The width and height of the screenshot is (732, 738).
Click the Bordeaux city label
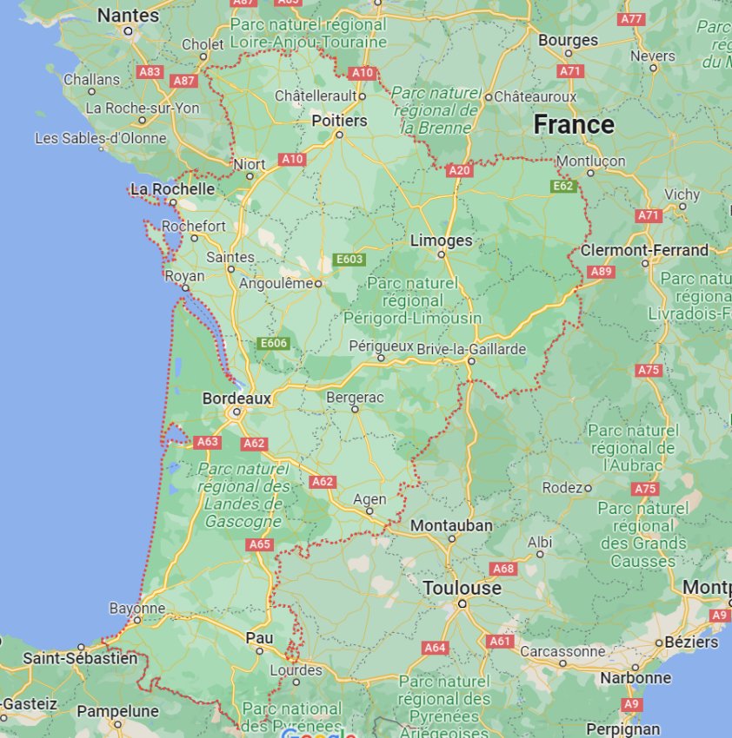[x=236, y=399]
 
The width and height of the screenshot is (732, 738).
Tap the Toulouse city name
[x=462, y=588]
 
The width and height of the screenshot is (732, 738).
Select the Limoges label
[x=441, y=241]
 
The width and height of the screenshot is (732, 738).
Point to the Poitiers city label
[x=339, y=121]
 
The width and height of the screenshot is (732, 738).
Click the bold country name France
[x=573, y=125]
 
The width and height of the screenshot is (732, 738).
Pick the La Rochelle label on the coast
[x=172, y=188]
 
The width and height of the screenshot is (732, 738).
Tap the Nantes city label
[x=128, y=16]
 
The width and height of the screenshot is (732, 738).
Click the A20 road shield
[x=459, y=171]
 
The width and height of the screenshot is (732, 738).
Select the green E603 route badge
[x=349, y=260]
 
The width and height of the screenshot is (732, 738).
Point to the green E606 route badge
[x=273, y=344]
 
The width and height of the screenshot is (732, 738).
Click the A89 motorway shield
[x=601, y=272]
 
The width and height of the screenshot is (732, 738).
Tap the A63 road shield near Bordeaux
[x=207, y=442]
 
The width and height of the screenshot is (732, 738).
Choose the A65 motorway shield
[x=259, y=544]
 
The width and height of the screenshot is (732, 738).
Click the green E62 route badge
[x=562, y=186]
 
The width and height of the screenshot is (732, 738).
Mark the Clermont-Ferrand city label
[x=644, y=250]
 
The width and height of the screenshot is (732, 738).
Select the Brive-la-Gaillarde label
[x=471, y=349]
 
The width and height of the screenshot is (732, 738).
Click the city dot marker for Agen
[x=370, y=511]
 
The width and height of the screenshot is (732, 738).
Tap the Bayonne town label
[x=136, y=609]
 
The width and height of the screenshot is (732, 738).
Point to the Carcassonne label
[x=562, y=650]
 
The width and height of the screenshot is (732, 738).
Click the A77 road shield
[x=631, y=19]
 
